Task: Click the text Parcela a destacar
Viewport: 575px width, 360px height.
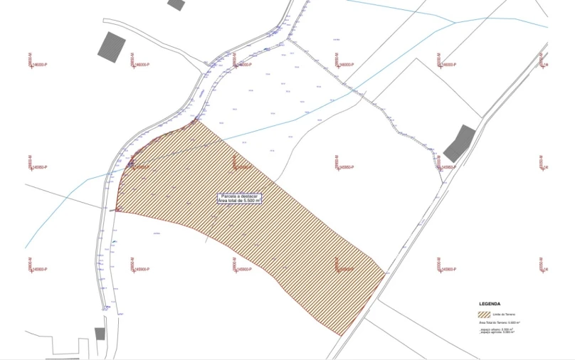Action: [239, 196]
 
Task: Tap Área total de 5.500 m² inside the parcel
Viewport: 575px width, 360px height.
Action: [239, 201]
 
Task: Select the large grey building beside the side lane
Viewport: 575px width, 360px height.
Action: [111, 46]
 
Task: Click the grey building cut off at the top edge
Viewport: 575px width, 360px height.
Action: [176, 4]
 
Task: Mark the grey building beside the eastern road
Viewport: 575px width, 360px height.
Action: [460, 144]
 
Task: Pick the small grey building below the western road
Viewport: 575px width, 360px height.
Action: [100, 334]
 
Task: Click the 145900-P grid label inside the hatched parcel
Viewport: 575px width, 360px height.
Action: [346, 270]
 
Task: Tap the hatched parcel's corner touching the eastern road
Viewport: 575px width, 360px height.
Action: [385, 271]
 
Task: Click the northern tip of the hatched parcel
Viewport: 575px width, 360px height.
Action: [194, 122]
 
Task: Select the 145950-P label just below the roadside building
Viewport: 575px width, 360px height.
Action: [447, 168]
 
